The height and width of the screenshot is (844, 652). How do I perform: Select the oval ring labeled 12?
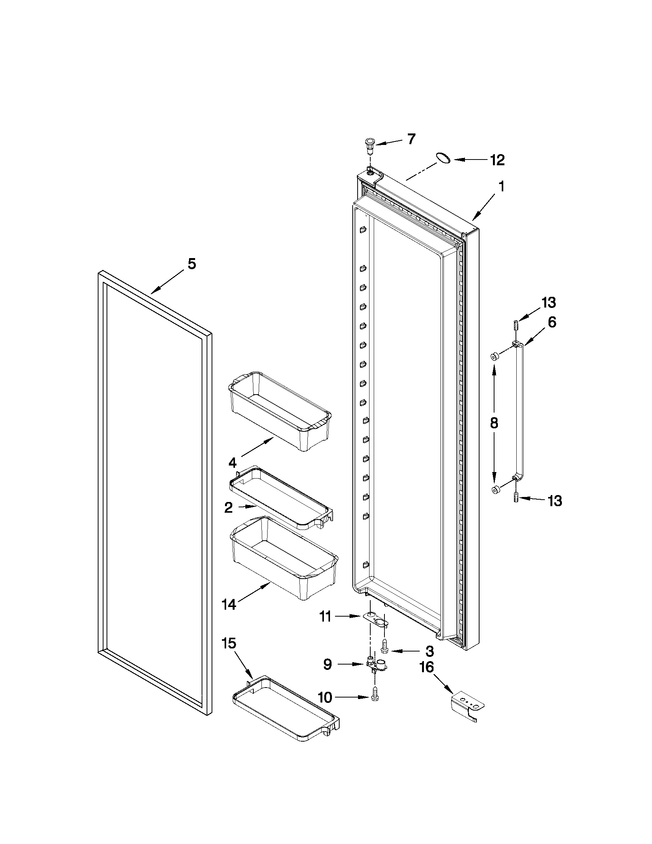[443, 158]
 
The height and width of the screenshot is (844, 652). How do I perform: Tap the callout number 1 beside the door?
[501, 187]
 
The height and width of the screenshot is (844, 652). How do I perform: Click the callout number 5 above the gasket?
[192, 264]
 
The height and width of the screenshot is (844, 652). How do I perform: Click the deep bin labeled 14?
[284, 556]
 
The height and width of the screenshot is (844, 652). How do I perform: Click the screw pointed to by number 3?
[384, 645]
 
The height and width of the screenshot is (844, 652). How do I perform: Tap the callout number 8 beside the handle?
[494, 423]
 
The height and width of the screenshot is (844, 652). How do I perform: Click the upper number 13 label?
[549, 303]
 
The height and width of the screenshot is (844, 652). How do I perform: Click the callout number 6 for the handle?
[552, 322]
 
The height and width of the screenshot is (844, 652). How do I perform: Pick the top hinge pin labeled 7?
[370, 145]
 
